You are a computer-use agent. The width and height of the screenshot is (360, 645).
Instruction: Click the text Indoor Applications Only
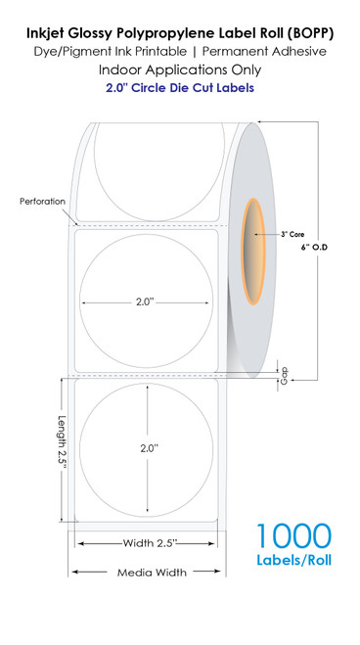180,70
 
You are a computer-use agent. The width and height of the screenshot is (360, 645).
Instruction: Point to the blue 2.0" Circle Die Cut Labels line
180,90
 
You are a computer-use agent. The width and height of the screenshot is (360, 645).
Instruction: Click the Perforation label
41,202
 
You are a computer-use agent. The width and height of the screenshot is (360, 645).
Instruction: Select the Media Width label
147,573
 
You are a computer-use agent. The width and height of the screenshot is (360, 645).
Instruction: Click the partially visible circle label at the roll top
147,157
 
